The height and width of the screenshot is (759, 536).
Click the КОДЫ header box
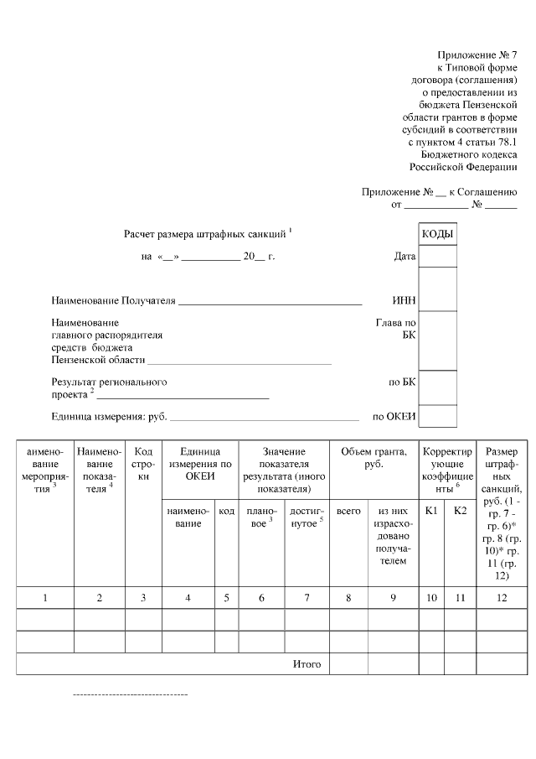437,234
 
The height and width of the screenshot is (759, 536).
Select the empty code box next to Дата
437,256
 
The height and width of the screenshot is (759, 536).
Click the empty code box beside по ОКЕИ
437,416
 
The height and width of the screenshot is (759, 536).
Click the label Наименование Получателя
113,300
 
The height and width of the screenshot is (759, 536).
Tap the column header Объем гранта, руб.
374,458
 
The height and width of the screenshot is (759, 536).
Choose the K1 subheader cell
432,510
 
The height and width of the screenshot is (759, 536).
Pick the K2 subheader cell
460,510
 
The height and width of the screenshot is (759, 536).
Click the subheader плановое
261,516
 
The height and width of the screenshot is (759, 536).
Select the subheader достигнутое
307,516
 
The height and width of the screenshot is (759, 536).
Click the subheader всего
348,510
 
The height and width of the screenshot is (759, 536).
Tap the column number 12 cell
502,597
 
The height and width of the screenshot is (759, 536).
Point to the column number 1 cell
45,597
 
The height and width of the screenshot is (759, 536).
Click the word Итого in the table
307,664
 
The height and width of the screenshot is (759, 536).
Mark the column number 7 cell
307,597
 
